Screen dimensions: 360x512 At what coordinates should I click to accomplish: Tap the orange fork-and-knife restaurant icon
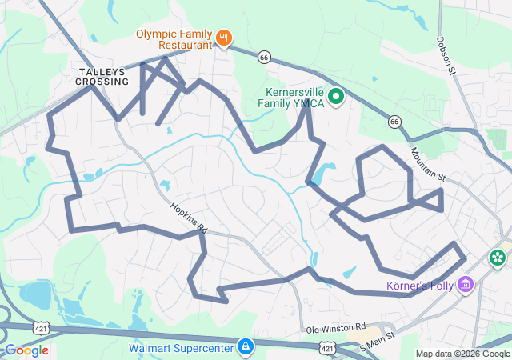(x=225, y=36)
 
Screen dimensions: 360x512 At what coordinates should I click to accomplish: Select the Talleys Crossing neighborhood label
(x=102, y=77)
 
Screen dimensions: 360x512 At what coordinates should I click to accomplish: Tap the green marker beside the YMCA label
(x=337, y=97)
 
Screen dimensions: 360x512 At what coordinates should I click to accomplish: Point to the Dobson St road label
(x=446, y=55)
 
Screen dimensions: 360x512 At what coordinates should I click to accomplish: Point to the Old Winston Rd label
(x=336, y=329)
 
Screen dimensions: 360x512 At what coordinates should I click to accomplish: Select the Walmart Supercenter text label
(x=180, y=347)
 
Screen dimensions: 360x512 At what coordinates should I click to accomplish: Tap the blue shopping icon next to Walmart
(x=245, y=346)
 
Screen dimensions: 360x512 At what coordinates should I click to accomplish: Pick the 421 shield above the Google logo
(x=42, y=327)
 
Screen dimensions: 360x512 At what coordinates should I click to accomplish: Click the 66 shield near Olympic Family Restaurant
(x=264, y=57)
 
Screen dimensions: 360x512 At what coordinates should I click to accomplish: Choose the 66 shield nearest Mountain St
(x=394, y=121)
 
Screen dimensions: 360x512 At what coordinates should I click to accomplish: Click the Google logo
(x=27, y=350)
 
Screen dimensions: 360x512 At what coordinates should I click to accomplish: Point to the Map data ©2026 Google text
(x=462, y=354)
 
